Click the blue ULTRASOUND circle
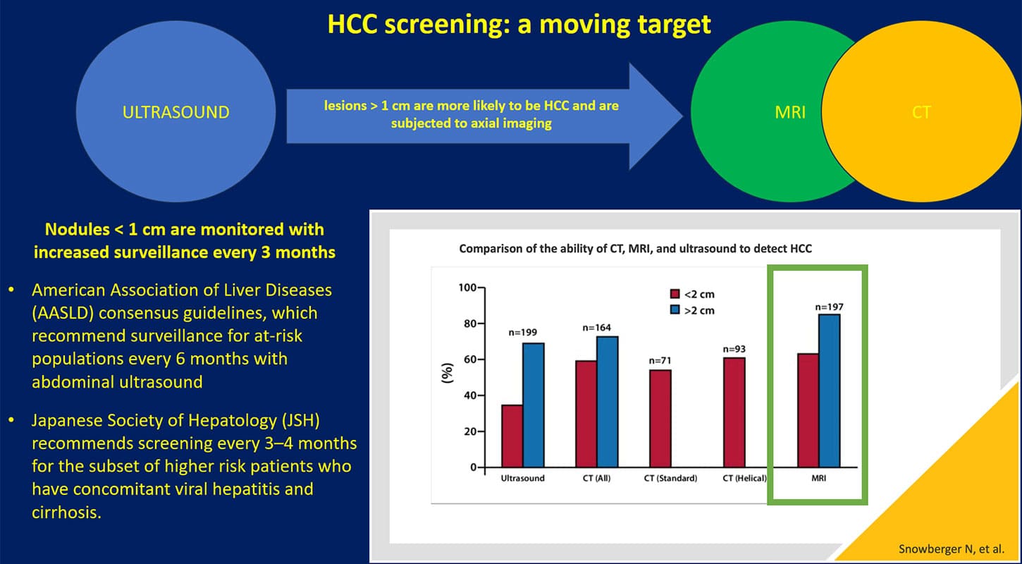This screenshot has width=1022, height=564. [x=176, y=112]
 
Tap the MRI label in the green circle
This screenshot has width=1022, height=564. [x=789, y=112]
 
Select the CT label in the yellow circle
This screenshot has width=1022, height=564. [x=921, y=112]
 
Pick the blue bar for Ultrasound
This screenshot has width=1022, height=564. [x=532, y=405]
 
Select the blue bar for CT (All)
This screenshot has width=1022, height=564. [x=607, y=401]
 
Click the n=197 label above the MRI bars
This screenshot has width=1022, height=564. [x=828, y=307]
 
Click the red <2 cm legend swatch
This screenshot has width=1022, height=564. [x=675, y=295]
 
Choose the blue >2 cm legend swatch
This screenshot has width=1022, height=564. [x=675, y=310]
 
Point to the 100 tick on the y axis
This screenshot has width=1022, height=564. [x=467, y=288]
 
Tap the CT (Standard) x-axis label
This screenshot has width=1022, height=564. [x=670, y=478]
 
